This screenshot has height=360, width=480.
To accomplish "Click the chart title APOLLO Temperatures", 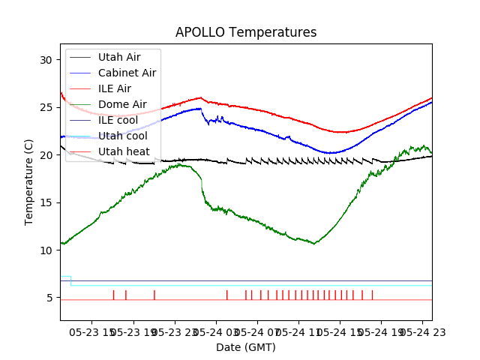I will (246, 33).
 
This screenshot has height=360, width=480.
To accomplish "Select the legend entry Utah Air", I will (118, 57).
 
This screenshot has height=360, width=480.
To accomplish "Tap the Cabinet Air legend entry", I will (127, 73).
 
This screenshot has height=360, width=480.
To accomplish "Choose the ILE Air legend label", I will (114, 88).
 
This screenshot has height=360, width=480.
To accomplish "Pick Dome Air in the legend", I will (122, 104).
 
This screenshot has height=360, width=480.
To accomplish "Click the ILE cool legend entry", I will (118, 120).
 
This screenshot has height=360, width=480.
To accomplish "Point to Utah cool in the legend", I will (122, 136).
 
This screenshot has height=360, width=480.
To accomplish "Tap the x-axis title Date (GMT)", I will (246, 347).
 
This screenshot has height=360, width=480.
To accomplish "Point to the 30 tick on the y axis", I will (46, 60).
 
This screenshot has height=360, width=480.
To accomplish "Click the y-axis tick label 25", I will (46, 107).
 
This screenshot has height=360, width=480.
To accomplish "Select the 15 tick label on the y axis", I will (46, 202).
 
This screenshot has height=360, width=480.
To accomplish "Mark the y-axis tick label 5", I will (49, 298).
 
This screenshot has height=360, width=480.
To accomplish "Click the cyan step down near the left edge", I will (70, 280).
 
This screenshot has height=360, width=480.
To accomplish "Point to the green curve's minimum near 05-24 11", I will (314, 244).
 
